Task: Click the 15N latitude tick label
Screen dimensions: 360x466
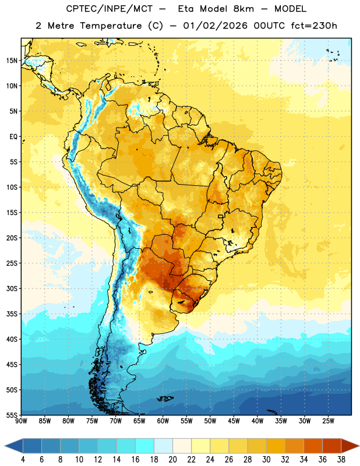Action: pos(12,61)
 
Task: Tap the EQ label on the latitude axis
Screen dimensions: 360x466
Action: pos(13,137)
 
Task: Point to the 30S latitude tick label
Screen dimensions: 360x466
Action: pos(12,288)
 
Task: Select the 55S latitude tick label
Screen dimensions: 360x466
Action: pos(12,415)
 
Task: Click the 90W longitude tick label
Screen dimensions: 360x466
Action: pos(21,421)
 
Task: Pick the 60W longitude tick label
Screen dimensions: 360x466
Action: pos(163,421)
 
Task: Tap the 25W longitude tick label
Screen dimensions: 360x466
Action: pos(328,421)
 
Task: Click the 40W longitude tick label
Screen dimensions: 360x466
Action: pos(257,421)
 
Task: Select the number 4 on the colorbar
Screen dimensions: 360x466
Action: pos(23,460)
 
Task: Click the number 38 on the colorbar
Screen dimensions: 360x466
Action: pos(341,460)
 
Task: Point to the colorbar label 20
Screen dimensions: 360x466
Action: pos(172,460)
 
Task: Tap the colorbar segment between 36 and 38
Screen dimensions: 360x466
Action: pos(332,446)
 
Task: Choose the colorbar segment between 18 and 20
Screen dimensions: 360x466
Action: pos(163,446)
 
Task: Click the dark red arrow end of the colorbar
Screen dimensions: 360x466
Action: pos(350,446)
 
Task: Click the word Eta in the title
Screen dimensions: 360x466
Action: pos(186,9)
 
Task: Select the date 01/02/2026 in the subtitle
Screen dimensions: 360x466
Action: pos(215,26)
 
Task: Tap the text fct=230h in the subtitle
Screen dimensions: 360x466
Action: pos(314,26)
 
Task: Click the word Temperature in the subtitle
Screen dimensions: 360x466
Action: pos(111,26)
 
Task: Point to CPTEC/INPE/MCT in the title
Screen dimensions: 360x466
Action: pos(110,9)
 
